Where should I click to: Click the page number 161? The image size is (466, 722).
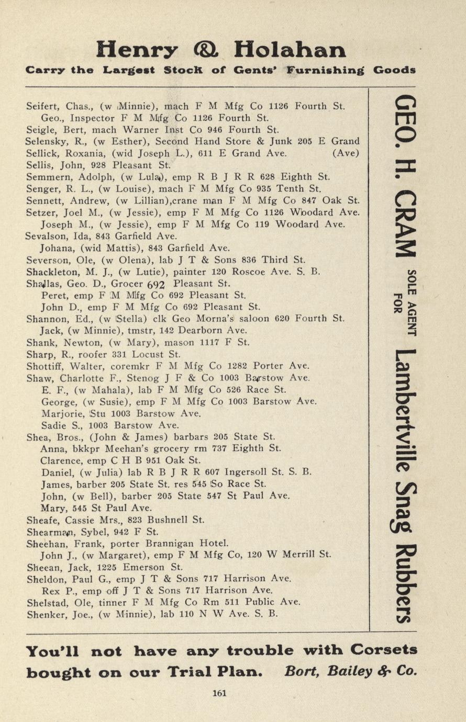tap(219, 693)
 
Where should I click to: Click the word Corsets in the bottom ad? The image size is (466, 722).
tap(384, 650)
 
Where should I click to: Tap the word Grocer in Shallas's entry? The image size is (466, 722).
tap(127, 284)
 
